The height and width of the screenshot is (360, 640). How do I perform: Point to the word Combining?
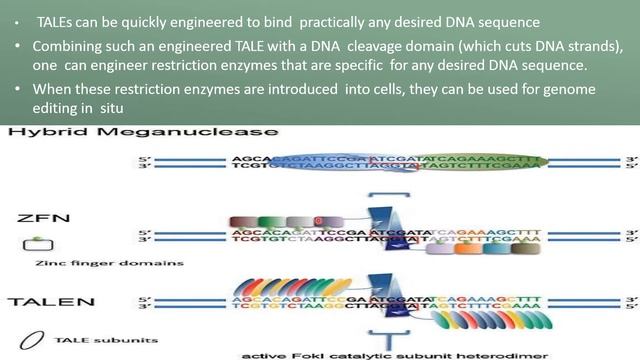(67, 47)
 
